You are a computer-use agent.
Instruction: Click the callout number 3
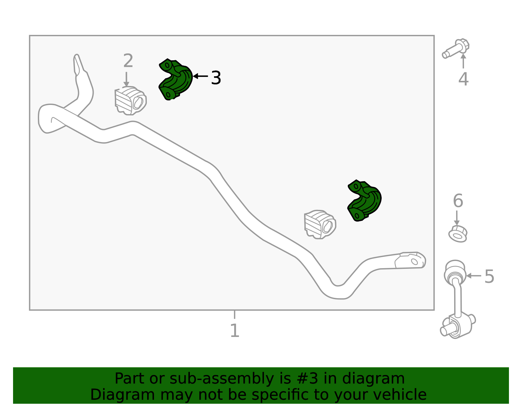[x=216, y=78]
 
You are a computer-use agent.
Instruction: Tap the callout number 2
[x=128, y=60]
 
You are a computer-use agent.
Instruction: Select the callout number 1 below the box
[x=235, y=330]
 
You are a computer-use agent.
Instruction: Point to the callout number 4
[x=463, y=79]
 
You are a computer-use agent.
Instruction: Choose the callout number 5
[x=489, y=276]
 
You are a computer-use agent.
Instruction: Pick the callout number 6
[x=458, y=200]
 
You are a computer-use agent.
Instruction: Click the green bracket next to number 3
[x=176, y=80]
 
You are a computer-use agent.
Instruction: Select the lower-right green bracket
[x=364, y=200]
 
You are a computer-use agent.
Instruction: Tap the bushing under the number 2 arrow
[x=130, y=101]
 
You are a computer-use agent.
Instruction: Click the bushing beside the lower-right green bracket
[x=320, y=225]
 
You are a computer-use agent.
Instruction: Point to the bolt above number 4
[x=455, y=48]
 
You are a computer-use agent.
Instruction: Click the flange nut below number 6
[x=458, y=234]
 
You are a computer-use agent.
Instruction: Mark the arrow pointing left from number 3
[x=200, y=76]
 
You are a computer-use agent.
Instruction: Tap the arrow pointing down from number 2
[x=126, y=80]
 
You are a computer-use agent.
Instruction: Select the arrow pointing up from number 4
[x=463, y=61]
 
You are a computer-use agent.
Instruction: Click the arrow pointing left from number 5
[x=473, y=276]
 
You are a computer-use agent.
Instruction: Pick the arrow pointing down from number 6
[x=457, y=218]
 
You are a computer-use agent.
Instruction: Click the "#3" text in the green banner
[x=307, y=378]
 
